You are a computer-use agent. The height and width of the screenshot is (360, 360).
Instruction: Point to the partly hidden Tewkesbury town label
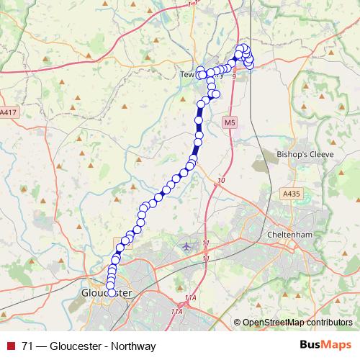[x=189, y=73]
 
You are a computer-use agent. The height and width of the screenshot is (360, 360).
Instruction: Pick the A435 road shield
[x=292, y=194]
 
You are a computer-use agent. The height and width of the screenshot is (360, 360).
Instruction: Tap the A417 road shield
[x=8, y=113]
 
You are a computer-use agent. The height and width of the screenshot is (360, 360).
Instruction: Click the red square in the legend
[x=11, y=346]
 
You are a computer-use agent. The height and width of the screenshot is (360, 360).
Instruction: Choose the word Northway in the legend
[x=132, y=346]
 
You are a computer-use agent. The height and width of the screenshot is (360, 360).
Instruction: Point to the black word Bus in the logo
[x=308, y=346]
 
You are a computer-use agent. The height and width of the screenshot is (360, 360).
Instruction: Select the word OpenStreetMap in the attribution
[x=273, y=323]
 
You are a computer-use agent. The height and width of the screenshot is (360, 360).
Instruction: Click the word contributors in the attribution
[x=328, y=323]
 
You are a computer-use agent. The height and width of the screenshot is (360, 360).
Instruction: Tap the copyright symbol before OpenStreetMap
[x=237, y=323]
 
